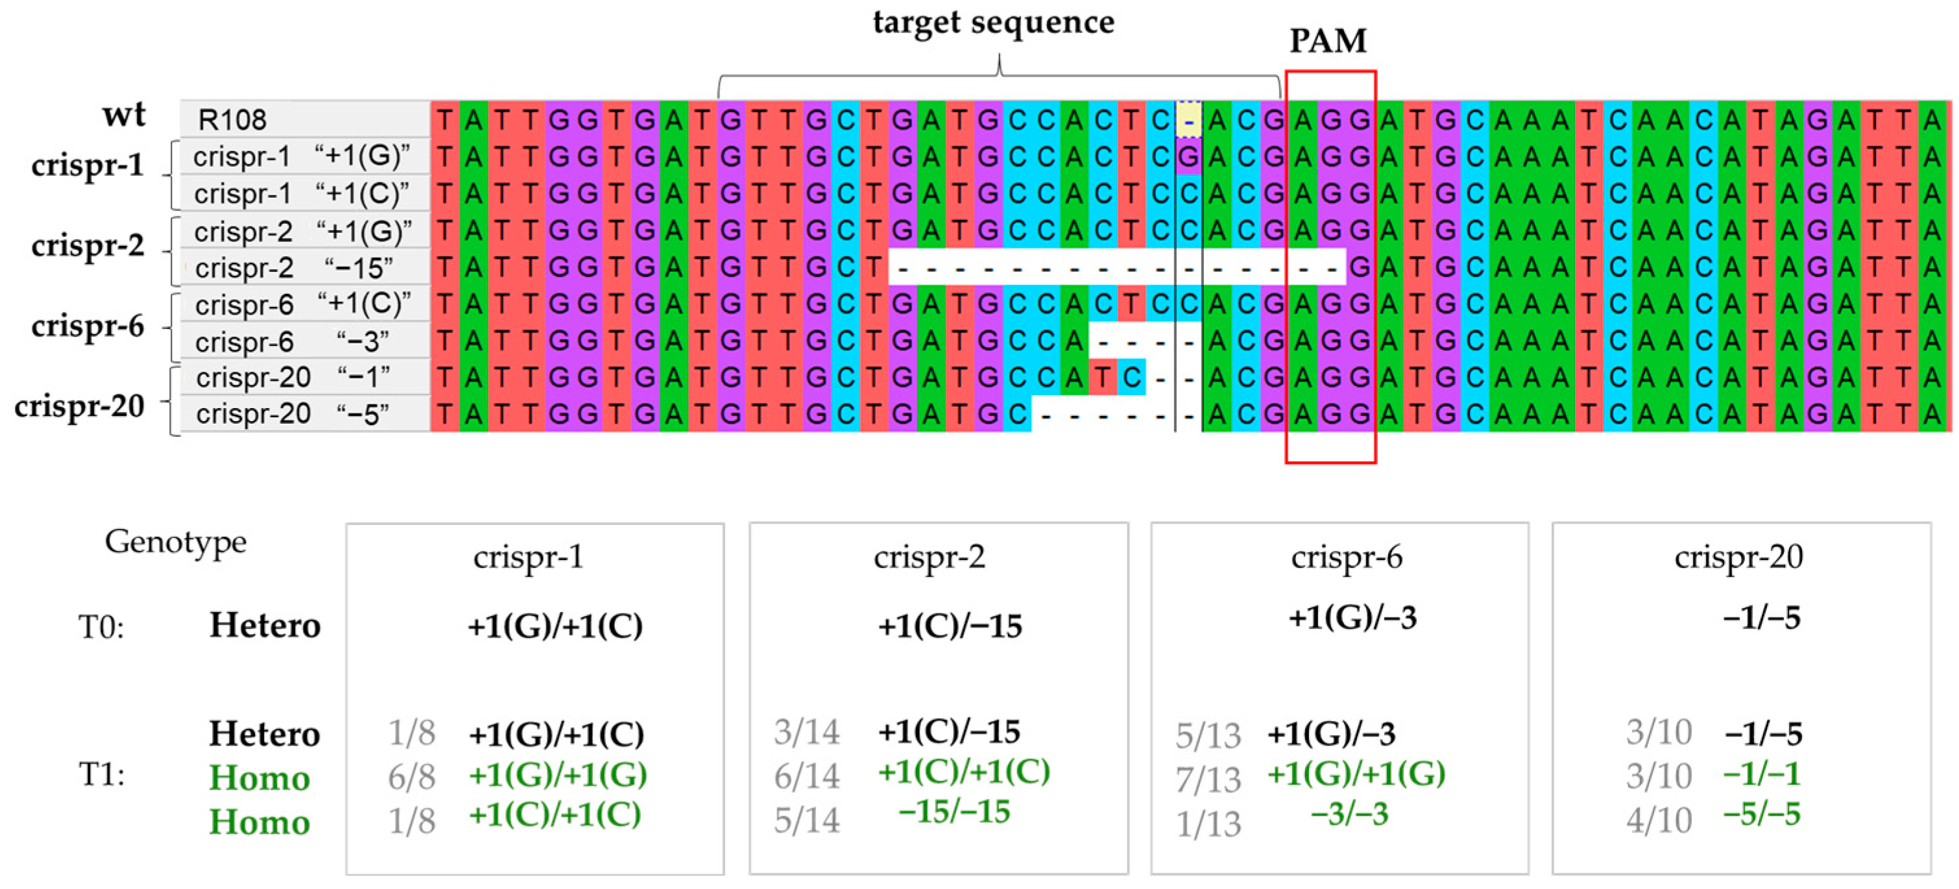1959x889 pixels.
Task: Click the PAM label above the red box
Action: pos(1328,40)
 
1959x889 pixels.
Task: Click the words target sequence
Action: pos(993,22)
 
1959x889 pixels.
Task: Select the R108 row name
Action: pos(232,119)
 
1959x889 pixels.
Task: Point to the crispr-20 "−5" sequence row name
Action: pos(292,414)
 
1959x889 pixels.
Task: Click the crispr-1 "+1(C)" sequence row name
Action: pos(301,194)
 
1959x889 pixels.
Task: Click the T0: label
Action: pos(101,628)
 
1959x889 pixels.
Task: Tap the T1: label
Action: pos(101,775)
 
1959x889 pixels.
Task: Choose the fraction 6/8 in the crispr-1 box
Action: pos(411,777)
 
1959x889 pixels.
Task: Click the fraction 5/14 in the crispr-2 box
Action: pos(807,820)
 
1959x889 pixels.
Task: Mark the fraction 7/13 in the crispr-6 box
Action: pos(1208,779)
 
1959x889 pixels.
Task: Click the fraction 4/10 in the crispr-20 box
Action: pos(1659,820)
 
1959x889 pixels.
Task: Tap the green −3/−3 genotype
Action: pos(1349,814)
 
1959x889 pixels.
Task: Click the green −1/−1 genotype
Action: pos(1761,774)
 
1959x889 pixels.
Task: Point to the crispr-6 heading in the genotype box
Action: pos(1346,557)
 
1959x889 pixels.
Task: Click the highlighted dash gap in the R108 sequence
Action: pos(1188,120)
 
